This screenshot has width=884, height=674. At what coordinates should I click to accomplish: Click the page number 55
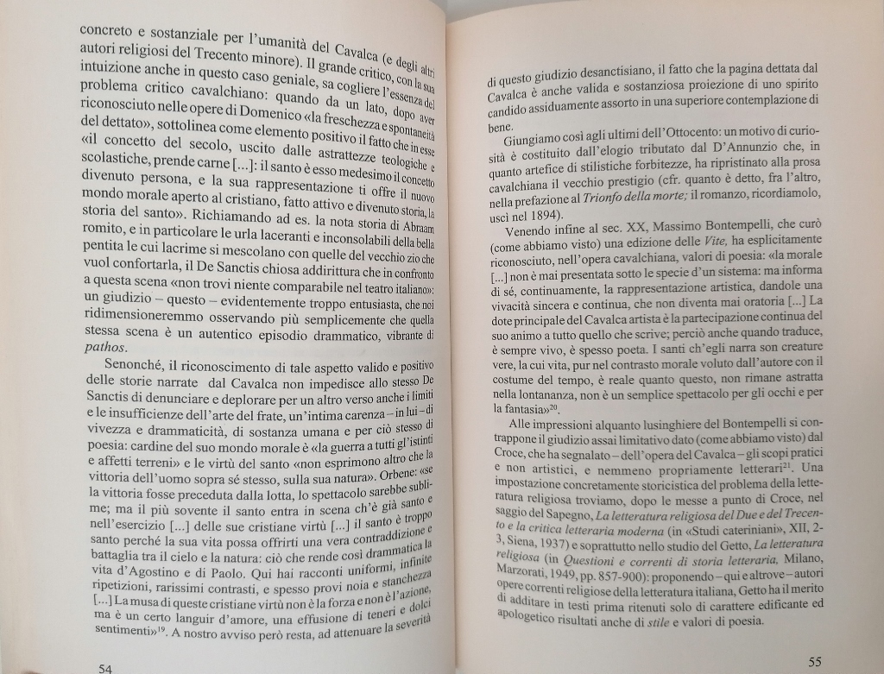tap(816, 661)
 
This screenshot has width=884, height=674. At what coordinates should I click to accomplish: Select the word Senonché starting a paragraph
tap(138, 366)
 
